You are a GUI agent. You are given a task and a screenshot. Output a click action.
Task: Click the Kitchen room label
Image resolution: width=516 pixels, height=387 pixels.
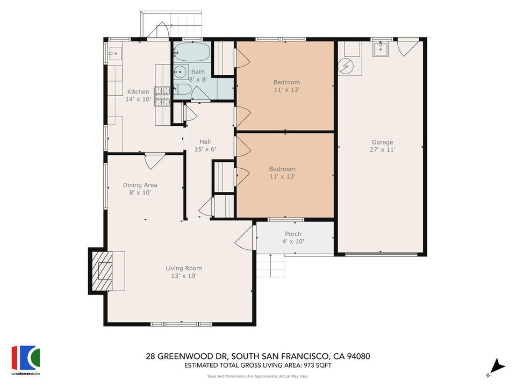138,92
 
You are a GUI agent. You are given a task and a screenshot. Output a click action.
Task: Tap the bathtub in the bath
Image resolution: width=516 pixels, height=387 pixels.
192,52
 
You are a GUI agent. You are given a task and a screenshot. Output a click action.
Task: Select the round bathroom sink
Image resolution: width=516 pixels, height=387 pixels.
180,71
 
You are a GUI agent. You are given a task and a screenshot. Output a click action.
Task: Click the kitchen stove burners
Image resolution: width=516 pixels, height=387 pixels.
162,96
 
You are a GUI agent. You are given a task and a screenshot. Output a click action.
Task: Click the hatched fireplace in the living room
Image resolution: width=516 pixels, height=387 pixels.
102,271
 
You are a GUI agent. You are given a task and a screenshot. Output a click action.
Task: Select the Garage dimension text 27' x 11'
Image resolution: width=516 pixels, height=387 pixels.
382,150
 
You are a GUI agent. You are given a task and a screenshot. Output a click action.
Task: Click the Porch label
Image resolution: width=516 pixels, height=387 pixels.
293,234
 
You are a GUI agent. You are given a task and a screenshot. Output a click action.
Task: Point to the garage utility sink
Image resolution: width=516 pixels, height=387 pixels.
381,49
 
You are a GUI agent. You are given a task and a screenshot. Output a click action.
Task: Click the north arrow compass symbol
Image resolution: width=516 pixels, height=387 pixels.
498,367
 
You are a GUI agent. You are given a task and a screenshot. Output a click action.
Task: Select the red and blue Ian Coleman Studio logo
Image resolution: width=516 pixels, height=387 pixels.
26,358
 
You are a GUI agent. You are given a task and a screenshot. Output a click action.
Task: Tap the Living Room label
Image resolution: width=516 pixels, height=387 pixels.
184,268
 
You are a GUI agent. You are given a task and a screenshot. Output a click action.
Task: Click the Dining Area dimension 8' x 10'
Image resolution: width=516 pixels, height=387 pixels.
140,192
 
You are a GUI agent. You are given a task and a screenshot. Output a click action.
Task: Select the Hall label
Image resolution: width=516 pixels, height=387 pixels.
205,142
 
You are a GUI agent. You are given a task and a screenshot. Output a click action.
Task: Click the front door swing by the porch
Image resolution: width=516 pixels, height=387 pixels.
244,239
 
